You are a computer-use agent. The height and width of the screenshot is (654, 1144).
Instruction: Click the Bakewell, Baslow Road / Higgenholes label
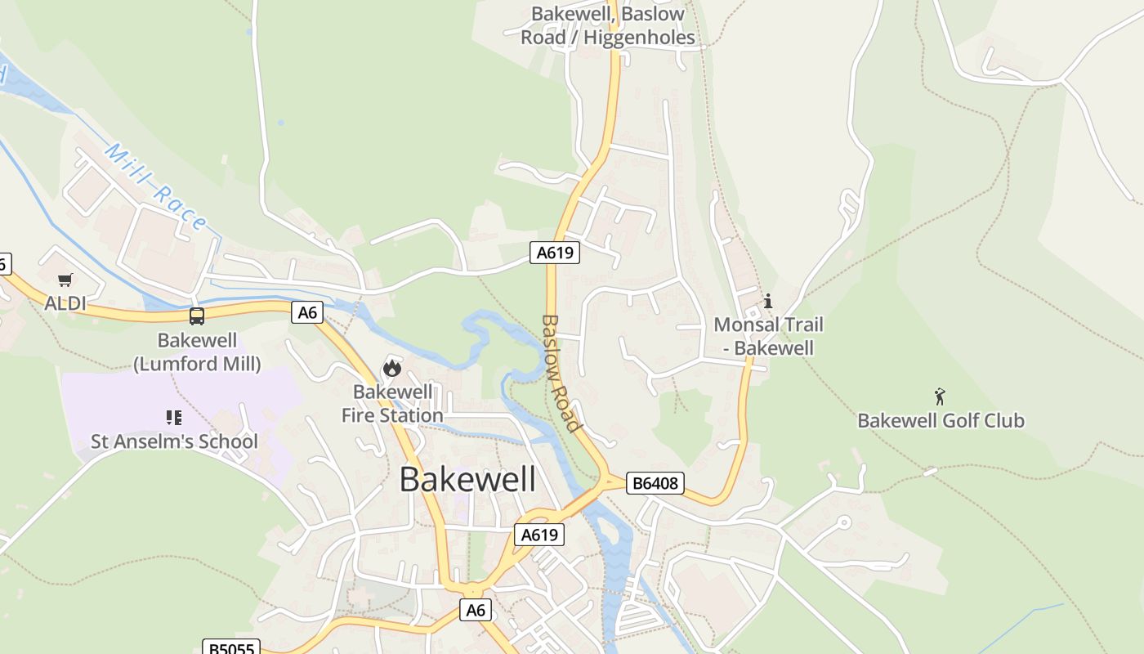[x=608, y=25]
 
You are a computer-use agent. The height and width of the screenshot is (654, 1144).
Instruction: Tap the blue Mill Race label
[x=156, y=186]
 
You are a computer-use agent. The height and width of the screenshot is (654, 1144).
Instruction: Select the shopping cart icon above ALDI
[x=65, y=280]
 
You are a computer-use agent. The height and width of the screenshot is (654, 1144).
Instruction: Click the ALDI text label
[x=65, y=303]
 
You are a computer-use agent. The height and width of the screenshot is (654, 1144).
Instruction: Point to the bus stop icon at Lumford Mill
[x=197, y=316]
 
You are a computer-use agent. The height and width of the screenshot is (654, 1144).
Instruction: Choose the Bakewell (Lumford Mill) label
[x=197, y=352]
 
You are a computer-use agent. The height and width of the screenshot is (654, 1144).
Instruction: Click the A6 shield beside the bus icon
[x=307, y=311]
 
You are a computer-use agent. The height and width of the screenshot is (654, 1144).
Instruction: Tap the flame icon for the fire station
[x=392, y=368]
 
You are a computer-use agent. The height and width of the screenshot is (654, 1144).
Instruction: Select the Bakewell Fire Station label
[x=392, y=404]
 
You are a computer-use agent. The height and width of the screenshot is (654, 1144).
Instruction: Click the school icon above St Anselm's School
[x=174, y=418]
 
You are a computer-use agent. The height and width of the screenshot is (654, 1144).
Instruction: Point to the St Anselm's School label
[x=174, y=441]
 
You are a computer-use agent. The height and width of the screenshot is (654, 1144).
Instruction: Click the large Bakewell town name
[x=467, y=479]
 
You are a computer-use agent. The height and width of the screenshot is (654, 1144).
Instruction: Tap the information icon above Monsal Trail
[x=767, y=302]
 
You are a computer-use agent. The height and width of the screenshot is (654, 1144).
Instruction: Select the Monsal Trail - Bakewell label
[x=768, y=336]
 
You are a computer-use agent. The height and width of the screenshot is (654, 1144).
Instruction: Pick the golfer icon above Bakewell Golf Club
[x=940, y=397]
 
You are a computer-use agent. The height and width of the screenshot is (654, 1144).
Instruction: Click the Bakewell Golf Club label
[x=941, y=421]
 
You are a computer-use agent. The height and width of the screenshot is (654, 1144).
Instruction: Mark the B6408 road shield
[x=655, y=483]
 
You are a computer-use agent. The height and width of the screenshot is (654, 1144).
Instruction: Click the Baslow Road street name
[x=561, y=373]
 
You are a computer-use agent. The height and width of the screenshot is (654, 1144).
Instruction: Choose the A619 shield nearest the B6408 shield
[x=539, y=535]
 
